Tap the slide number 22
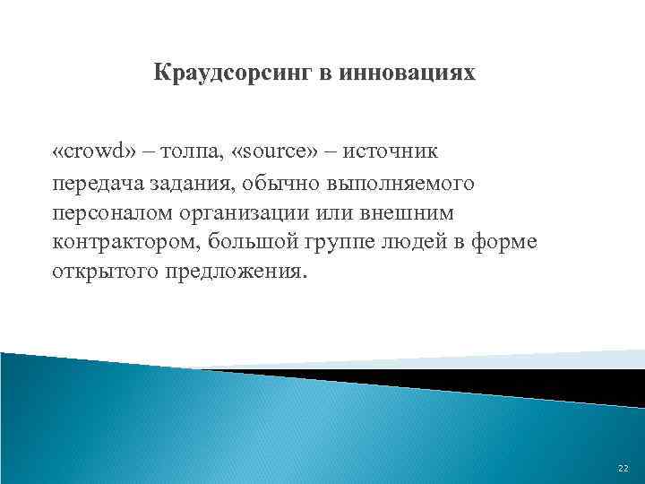(x=623, y=470)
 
